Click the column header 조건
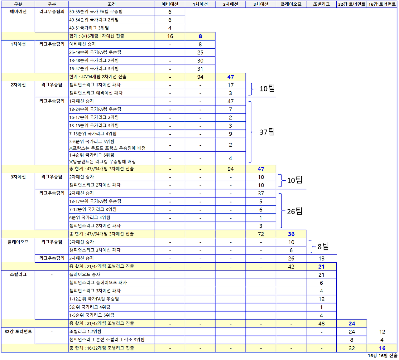(112, 4)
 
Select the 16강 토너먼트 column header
(382, 4)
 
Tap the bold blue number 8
(200, 36)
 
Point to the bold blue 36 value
(291, 234)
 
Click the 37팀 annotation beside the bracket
(267, 132)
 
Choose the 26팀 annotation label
(295, 212)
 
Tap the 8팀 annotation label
(323, 246)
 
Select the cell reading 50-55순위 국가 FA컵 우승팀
(96, 12)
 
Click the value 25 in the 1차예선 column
(200, 52)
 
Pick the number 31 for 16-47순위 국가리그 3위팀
(200, 69)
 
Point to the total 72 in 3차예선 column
(261, 234)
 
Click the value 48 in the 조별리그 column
(321, 324)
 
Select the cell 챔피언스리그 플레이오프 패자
(98, 283)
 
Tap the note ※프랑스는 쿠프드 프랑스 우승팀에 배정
(108, 148)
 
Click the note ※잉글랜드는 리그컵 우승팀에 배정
(103, 162)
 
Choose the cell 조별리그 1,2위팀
(85, 332)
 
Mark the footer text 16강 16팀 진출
(382, 356)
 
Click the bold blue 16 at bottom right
(382, 348)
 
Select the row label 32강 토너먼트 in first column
(18, 331)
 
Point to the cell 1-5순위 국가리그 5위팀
(92, 315)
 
